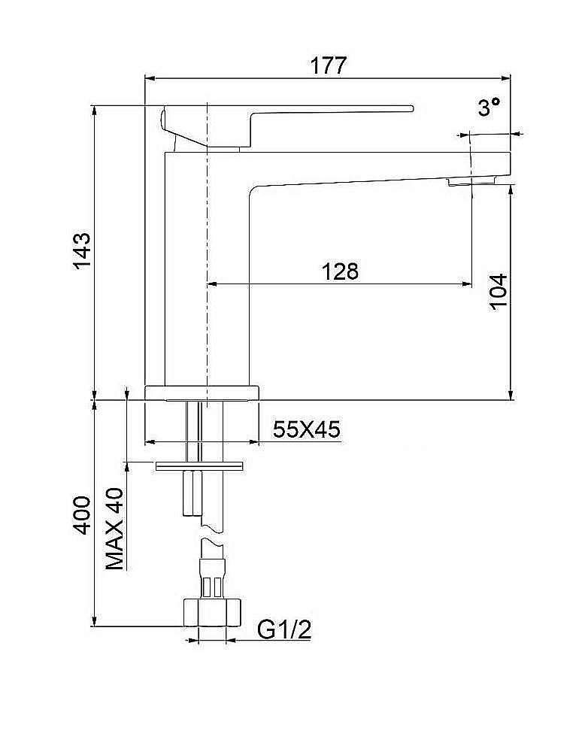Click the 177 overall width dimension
(328, 65)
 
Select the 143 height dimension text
(82, 251)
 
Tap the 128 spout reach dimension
(339, 271)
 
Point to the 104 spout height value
(499, 292)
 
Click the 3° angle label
(489, 107)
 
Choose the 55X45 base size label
(306, 429)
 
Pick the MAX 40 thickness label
(114, 529)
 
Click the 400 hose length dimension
(82, 516)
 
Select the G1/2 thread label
(284, 629)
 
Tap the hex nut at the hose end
(211, 612)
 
